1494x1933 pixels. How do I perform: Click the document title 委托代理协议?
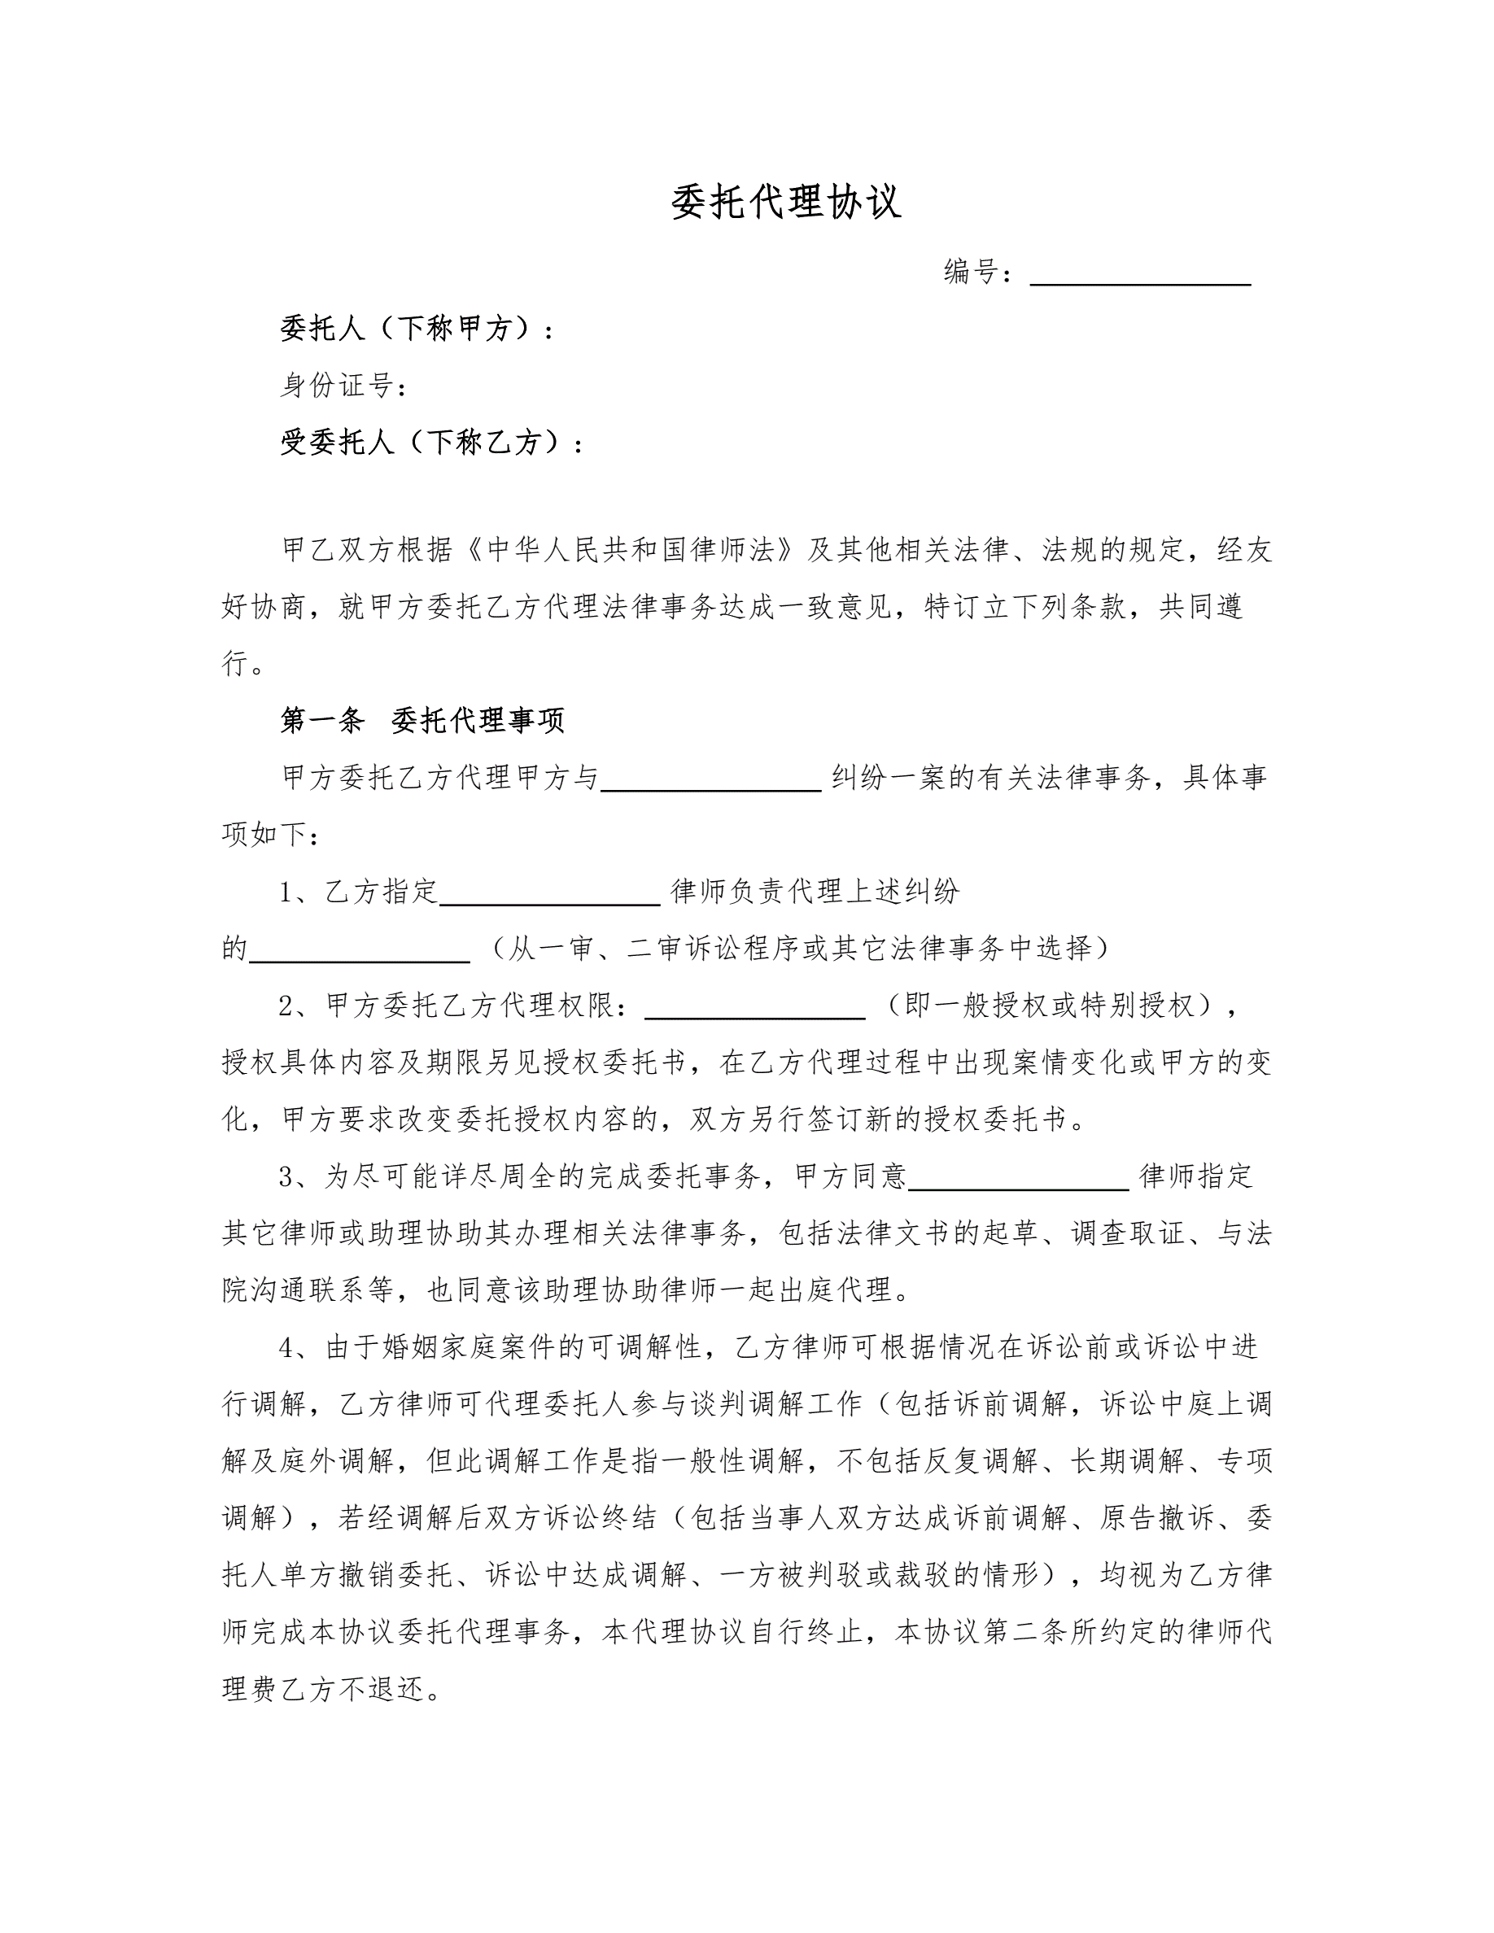click(x=786, y=203)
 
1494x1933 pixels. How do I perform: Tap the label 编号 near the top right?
click(x=972, y=272)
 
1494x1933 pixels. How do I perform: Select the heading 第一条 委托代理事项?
click(x=422, y=721)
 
